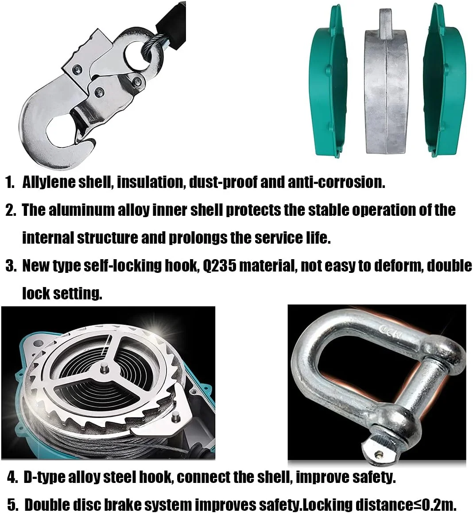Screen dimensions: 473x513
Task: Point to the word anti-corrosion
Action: tap(337, 182)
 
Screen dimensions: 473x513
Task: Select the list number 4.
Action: tap(12, 478)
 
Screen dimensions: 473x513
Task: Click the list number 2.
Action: tap(11, 211)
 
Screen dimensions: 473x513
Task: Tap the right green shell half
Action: tap(444, 82)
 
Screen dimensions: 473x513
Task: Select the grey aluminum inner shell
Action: tap(385, 88)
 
